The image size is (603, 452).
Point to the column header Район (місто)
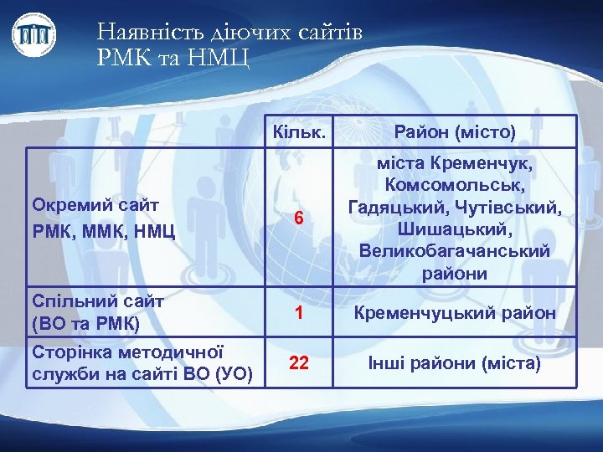(x=455, y=132)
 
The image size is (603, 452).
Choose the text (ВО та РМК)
(x=85, y=321)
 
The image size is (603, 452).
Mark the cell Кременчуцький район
(x=454, y=312)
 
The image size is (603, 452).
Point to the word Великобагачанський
(x=455, y=251)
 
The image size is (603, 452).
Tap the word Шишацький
(x=455, y=228)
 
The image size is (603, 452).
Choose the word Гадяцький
(x=391, y=205)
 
